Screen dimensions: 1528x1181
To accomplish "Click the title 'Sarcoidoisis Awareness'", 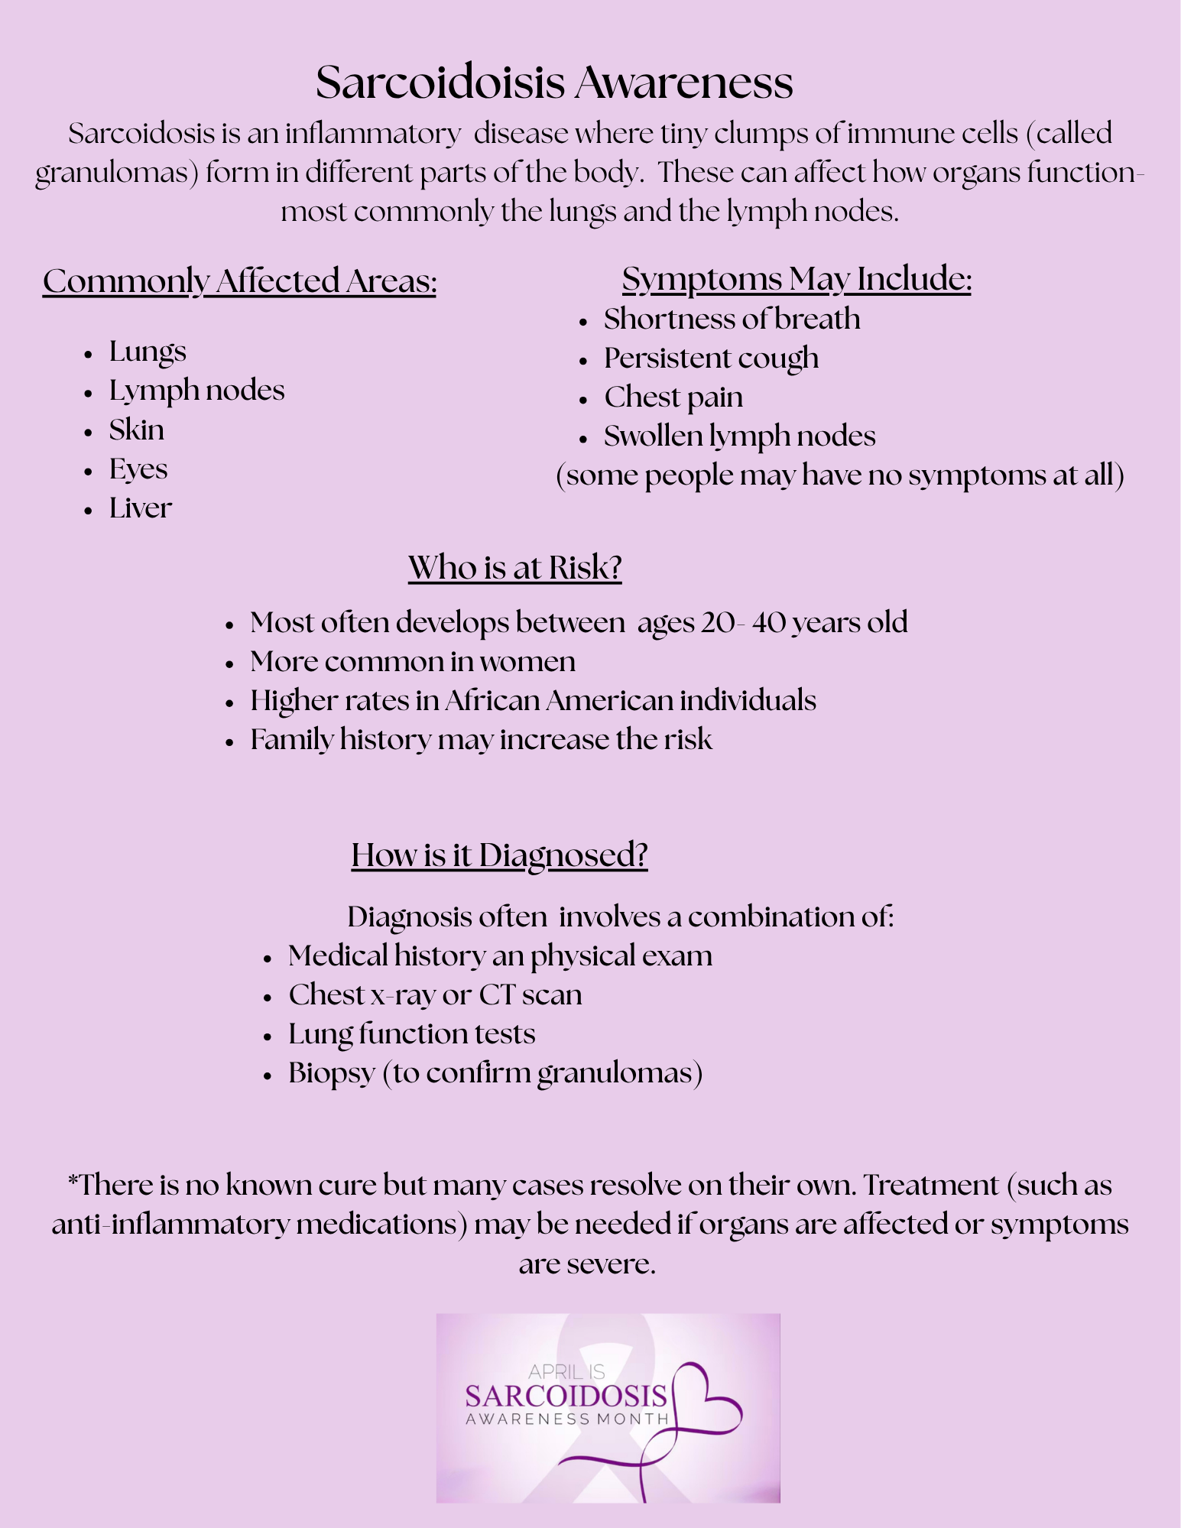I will (x=554, y=82).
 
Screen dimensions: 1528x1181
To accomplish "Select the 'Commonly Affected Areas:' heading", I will (x=239, y=281).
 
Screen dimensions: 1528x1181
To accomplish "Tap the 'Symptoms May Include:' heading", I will (x=797, y=279).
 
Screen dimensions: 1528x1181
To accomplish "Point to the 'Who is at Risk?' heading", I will (x=514, y=568).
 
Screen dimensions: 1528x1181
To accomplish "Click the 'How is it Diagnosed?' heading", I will (x=499, y=855).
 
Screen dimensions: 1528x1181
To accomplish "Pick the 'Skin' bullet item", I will (x=136, y=430).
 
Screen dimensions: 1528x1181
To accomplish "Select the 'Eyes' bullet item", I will (x=138, y=469).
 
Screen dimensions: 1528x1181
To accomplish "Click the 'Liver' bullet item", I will (x=140, y=508).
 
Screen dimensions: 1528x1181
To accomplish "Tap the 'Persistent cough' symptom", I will (x=711, y=358).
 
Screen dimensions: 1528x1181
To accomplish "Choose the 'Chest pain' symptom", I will (x=673, y=397).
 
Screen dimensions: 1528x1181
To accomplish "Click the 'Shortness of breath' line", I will (x=732, y=319).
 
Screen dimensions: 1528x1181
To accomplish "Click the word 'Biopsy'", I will (x=331, y=1073).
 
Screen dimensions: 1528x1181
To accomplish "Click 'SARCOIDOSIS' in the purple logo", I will (x=566, y=1397).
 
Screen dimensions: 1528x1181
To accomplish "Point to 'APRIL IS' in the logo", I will (x=566, y=1372).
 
